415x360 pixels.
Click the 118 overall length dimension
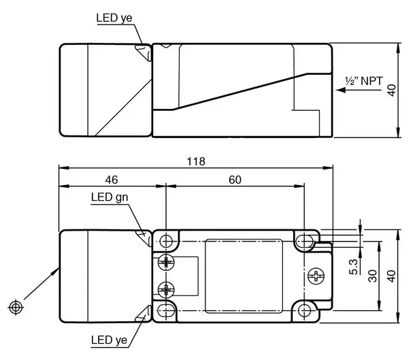[196, 161]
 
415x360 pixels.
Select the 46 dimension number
[112, 180]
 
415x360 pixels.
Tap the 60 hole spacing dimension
[235, 180]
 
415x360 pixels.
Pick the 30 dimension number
[372, 276]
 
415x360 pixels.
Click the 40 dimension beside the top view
[391, 91]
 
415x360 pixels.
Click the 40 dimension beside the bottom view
[391, 276]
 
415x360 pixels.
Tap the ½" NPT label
[364, 81]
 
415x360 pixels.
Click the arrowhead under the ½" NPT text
[341, 91]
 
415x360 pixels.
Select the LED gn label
[110, 197]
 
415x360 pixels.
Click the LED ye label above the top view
[114, 18]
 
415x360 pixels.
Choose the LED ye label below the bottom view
[109, 340]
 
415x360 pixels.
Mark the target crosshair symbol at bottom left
[16, 308]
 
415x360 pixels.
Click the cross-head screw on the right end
[316, 276]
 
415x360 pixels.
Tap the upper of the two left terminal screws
[166, 263]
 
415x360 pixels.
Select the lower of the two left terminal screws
[166, 290]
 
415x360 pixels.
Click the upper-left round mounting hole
[166, 241]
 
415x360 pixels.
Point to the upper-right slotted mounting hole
[304, 241]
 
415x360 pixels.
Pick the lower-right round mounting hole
[304, 310]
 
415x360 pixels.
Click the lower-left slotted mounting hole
[166, 310]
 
